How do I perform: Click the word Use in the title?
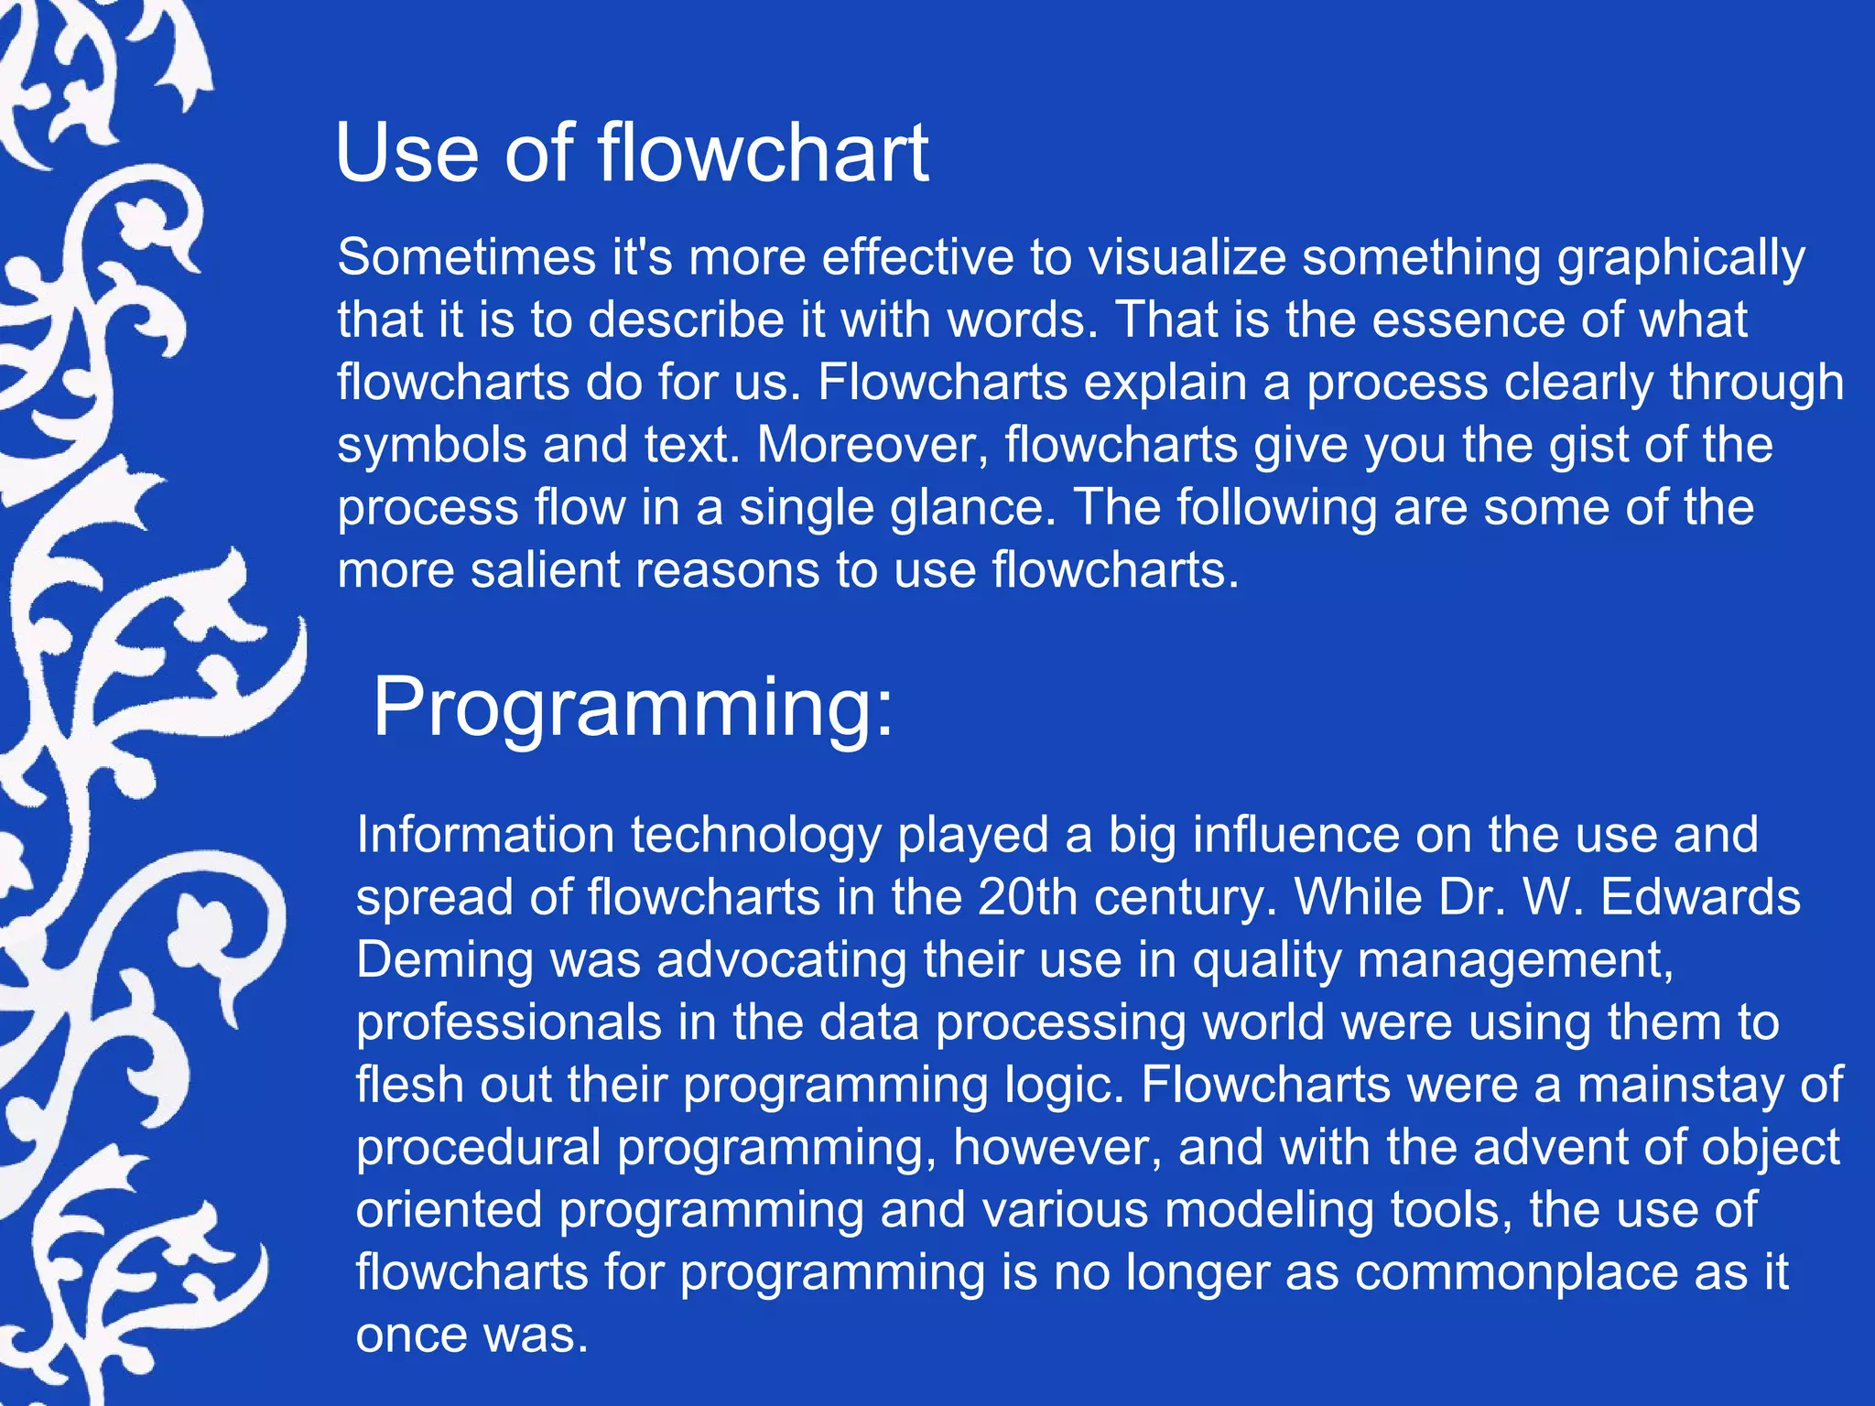tap(407, 153)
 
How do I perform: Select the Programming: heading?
tap(633, 708)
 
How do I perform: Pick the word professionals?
tap(509, 1022)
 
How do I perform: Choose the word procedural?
tap(478, 1148)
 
